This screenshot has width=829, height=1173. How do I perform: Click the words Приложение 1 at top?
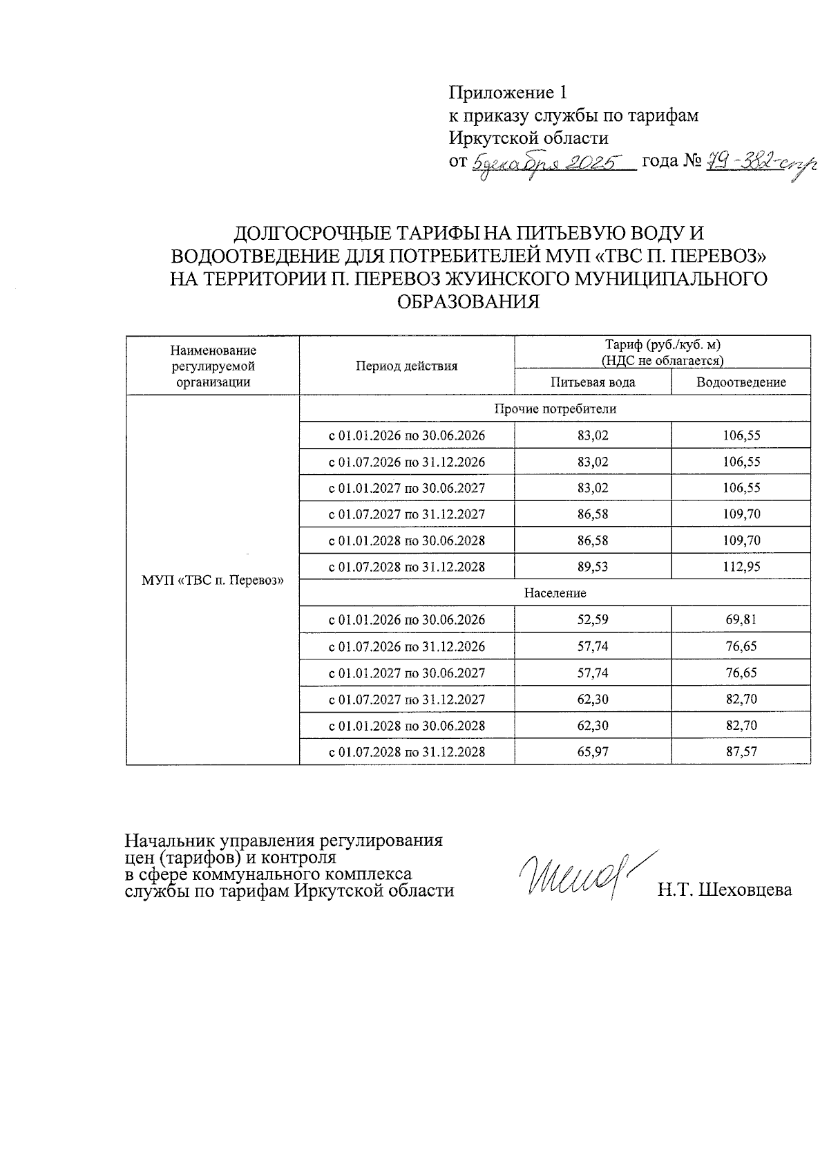[x=508, y=93]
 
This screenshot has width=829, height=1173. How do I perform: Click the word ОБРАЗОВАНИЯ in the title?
[x=468, y=302]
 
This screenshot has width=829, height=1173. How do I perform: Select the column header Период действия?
[x=406, y=366]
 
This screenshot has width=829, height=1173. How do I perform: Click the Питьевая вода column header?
[x=593, y=382]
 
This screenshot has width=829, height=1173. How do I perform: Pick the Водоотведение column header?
[x=741, y=382]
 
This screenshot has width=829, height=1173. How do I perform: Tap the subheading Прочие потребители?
[x=555, y=409]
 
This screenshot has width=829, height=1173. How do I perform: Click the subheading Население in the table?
[x=555, y=593]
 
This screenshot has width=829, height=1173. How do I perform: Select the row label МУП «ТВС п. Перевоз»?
[x=213, y=580]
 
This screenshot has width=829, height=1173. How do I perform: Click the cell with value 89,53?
[x=593, y=567]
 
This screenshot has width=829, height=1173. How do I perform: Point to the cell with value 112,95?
[x=741, y=567]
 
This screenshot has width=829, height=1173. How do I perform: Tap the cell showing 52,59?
[x=593, y=619]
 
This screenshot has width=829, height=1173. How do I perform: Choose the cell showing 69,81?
[x=741, y=619]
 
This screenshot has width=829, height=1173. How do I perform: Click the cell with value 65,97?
[x=593, y=751]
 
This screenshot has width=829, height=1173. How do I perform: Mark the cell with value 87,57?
[x=741, y=751]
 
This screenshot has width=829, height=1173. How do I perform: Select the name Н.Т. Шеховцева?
[x=725, y=890]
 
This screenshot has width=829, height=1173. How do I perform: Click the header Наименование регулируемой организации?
[x=213, y=366]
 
